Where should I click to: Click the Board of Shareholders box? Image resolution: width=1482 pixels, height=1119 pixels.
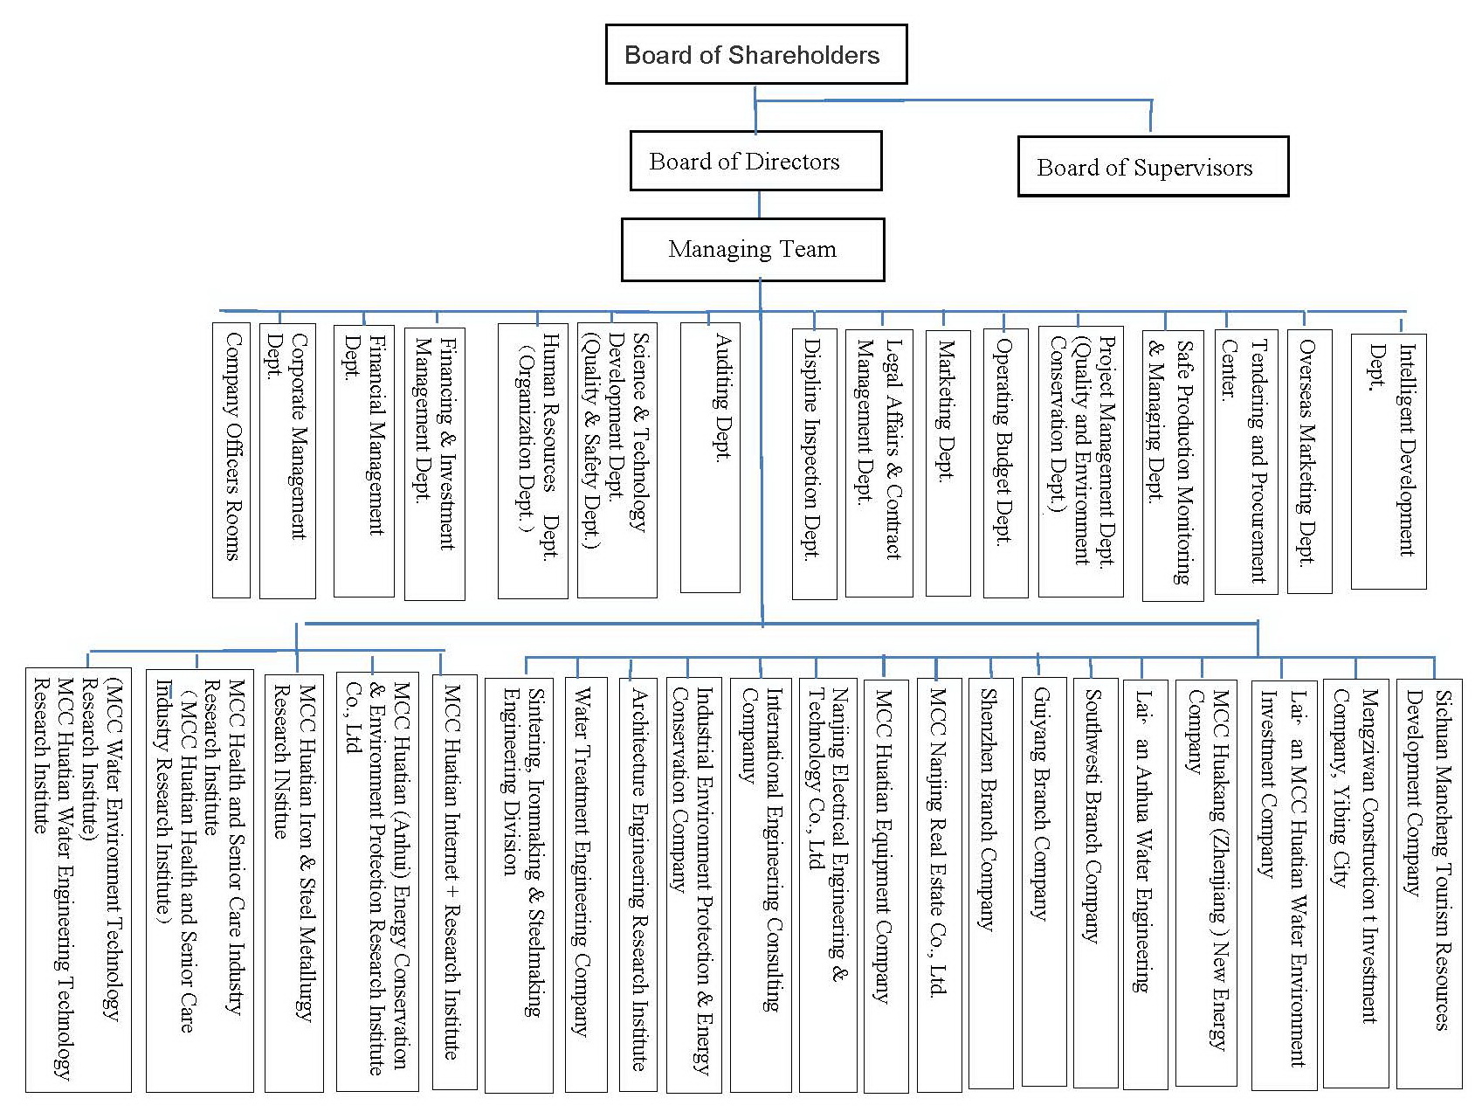tap(756, 54)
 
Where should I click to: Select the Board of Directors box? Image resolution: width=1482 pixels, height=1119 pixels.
tap(755, 161)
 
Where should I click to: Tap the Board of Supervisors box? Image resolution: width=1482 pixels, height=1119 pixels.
tap(1153, 166)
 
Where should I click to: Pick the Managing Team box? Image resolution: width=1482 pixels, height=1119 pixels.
tap(753, 250)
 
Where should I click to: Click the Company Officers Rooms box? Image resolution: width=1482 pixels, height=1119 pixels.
tap(231, 459)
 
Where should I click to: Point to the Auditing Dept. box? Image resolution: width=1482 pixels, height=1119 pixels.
tap(710, 458)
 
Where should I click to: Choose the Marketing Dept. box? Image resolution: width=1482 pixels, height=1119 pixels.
tap(948, 463)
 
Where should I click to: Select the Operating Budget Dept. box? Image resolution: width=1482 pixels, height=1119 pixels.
tap(1005, 463)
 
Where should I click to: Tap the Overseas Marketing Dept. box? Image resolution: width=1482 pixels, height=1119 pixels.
tap(1309, 461)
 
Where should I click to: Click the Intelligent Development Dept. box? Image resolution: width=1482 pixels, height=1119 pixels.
tap(1389, 461)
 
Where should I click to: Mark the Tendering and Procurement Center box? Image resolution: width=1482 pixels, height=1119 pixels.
tap(1246, 461)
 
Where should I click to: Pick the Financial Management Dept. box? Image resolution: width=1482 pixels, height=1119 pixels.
tap(363, 461)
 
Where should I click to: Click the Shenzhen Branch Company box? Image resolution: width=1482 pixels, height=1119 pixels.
tap(991, 882)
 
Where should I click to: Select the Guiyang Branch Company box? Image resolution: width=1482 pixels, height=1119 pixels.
tap(1044, 882)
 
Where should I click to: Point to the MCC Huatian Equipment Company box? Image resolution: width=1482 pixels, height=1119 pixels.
tap(886, 884)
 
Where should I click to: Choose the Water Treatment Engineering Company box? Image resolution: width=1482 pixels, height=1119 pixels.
tap(586, 884)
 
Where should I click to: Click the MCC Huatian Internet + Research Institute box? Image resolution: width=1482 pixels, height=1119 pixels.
tap(455, 882)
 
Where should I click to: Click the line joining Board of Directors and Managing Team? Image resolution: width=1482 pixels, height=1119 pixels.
tap(759, 204)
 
